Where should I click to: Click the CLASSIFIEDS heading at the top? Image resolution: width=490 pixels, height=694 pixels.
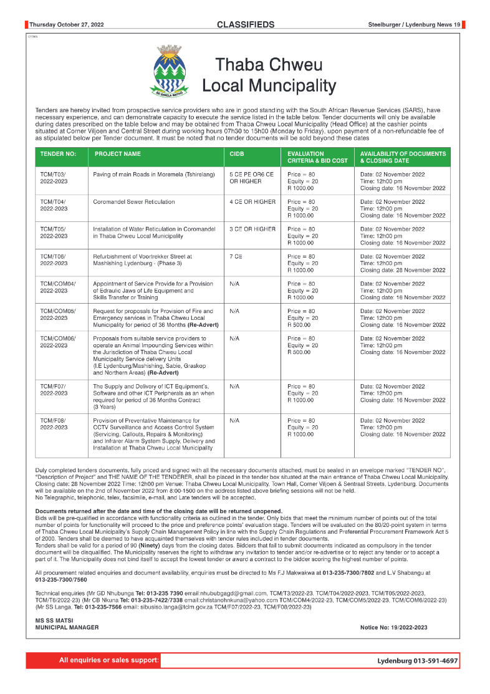tap(245, 25)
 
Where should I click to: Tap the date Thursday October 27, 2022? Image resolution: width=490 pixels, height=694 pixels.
tap(67, 25)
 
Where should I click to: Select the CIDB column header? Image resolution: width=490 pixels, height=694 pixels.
tap(236, 153)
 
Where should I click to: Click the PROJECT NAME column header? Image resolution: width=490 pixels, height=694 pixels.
tap(118, 153)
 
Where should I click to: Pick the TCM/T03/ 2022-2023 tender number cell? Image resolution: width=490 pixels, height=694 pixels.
tap(53, 178)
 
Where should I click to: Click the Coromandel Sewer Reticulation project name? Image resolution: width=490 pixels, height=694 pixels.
tap(134, 202)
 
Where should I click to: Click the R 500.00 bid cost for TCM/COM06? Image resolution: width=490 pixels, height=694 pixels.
tap(300, 352)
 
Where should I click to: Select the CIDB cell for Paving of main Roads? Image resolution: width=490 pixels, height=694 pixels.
tap(251, 178)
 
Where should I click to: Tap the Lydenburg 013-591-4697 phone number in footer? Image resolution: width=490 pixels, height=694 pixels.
tap(417, 660)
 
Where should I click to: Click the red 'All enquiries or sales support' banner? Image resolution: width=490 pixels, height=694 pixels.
tap(94, 660)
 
